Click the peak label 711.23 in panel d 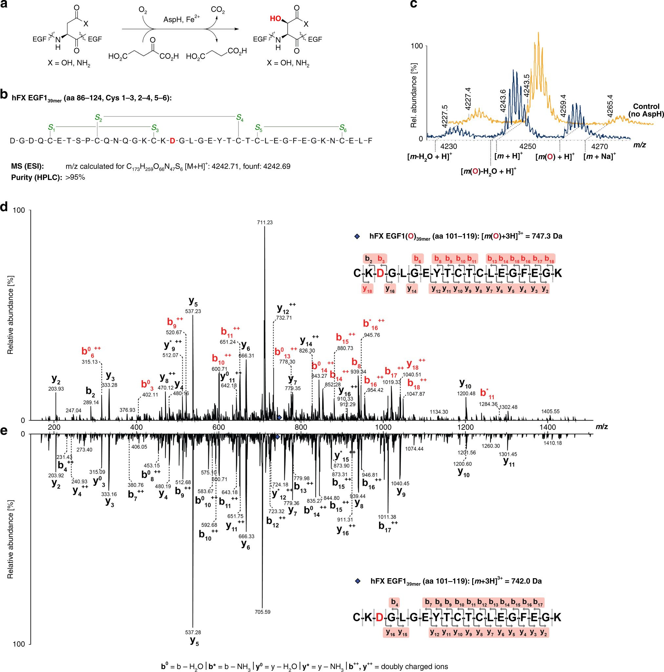click(x=265, y=223)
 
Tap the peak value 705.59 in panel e click(x=262, y=621)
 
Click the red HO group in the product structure click(x=275, y=18)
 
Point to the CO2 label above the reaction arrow click(x=218, y=10)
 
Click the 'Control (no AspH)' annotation click(x=646, y=110)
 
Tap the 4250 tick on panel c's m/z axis click(x=528, y=146)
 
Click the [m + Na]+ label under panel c click(x=599, y=156)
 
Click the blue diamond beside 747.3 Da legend click(x=356, y=236)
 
